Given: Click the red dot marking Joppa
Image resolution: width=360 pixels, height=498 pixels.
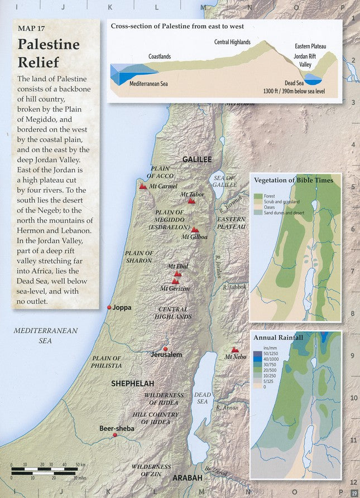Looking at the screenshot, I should coord(109,307).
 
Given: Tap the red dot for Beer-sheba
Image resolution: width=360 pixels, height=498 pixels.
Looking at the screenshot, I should coord(115,435).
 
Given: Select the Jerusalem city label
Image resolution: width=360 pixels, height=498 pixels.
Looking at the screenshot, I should coord(166,355).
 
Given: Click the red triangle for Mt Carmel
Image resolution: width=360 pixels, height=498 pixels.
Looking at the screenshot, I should coord(143,187).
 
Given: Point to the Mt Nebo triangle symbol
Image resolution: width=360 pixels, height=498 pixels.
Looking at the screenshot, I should coord(235,350).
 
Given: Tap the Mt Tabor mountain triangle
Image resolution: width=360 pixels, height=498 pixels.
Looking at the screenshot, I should coord(191,201).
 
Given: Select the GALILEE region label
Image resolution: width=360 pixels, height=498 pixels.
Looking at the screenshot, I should coord(197,159).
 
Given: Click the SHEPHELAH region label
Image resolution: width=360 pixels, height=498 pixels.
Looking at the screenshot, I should coord(132,384).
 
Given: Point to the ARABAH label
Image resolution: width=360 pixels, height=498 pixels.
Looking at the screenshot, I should coord(188,478).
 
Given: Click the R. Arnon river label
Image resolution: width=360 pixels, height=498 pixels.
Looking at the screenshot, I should coord(227,408).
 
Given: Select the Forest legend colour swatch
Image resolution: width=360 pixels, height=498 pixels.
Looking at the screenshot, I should coord(258,196).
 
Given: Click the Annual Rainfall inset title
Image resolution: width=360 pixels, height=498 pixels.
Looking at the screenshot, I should coord(279,338).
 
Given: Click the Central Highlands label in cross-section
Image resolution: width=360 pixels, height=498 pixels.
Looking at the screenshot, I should coord(232,42).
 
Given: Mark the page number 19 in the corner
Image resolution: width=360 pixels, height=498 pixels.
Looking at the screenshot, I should coord(354,492).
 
